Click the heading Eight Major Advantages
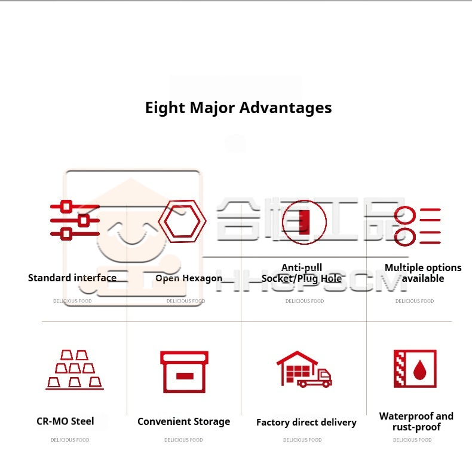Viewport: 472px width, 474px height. point(238,108)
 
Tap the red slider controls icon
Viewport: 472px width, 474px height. point(75,220)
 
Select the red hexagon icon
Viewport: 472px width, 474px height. point(182,222)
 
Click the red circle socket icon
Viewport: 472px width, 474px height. point(304,222)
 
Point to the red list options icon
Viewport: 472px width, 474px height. point(418,225)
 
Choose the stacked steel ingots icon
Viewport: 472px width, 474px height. point(75,370)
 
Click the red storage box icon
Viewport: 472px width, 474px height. point(184,372)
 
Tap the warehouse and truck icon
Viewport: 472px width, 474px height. point(304,369)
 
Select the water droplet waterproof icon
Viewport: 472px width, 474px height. point(415,369)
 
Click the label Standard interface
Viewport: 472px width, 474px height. point(72,278)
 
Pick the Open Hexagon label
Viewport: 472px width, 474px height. point(189,278)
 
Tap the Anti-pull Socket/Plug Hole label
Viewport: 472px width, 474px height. point(302,273)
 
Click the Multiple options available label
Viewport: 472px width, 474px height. point(423,273)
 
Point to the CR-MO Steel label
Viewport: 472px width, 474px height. point(65,421)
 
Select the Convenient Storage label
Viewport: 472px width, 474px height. point(183,421)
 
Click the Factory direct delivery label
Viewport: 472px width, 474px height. point(306,423)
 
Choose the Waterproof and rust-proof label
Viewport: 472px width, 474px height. point(416,421)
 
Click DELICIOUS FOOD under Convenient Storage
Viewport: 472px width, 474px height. point(183,440)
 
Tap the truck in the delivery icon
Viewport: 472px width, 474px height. point(315,378)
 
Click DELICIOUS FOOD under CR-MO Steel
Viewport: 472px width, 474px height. point(70,440)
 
